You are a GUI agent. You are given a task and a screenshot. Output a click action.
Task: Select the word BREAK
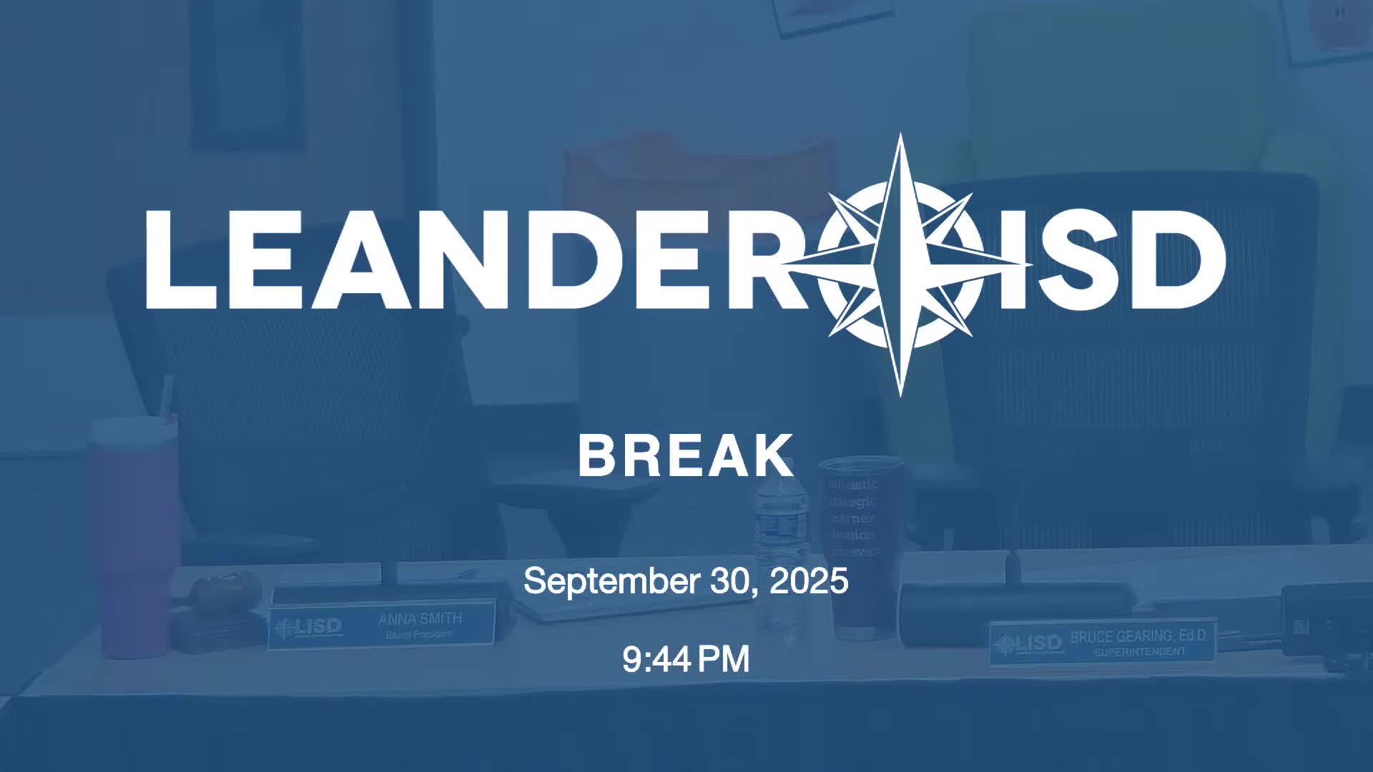(686, 455)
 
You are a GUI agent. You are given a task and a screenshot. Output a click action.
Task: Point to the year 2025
(809, 580)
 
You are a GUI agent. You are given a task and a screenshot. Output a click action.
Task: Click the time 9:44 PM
(686, 659)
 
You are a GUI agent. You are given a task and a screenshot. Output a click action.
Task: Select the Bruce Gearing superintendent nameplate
(1102, 642)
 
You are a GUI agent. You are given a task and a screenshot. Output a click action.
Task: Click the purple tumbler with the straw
(134, 536)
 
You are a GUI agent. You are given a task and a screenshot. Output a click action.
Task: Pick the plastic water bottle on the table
(779, 558)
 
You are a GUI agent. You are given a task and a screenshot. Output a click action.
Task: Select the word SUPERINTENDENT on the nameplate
(1139, 652)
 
